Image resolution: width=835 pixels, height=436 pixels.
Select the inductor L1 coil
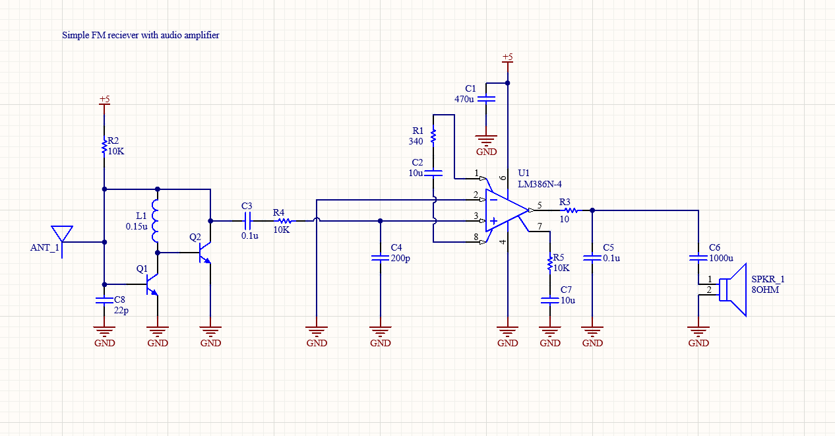156,221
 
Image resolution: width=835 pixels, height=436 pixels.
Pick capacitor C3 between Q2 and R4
249,220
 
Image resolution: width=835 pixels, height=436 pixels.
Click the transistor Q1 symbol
152,284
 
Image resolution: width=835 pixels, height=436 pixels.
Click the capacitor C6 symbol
698,258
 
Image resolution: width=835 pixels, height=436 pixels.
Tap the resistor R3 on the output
571,210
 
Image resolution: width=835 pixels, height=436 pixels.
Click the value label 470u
464,99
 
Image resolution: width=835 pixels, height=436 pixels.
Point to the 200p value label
400,259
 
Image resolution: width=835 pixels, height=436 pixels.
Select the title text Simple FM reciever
140,35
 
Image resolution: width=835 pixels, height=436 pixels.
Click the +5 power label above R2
104,100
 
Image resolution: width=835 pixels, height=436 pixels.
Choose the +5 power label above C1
507,57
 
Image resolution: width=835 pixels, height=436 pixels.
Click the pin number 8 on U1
476,237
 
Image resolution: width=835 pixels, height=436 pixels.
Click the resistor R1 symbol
433,136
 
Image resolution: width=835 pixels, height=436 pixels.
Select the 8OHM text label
764,289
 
